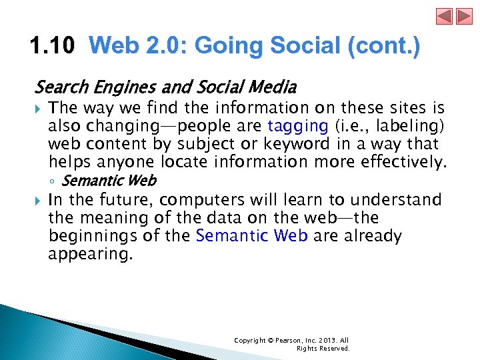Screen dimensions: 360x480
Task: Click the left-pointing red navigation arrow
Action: [445, 16]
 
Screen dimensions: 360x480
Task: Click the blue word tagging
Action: [297, 126]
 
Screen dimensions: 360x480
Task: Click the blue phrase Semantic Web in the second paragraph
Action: [251, 236]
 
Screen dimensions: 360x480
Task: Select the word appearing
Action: [90, 254]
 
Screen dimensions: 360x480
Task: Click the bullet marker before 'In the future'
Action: [39, 200]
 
